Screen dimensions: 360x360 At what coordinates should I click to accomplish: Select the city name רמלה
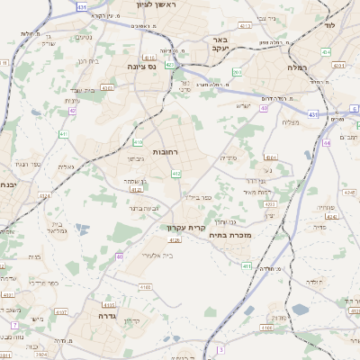pos(298,67)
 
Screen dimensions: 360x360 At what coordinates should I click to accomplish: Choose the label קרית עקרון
pos(182,227)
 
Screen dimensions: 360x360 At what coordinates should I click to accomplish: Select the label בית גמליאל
pos(55,229)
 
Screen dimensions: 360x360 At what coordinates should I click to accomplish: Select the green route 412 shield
pos(175,173)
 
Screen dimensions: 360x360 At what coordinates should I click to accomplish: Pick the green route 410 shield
pos(138,142)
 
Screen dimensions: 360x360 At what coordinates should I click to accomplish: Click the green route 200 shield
pos(237,73)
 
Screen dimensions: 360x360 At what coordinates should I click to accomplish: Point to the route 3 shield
pos(220,348)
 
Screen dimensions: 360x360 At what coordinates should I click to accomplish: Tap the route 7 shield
pos(14,324)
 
